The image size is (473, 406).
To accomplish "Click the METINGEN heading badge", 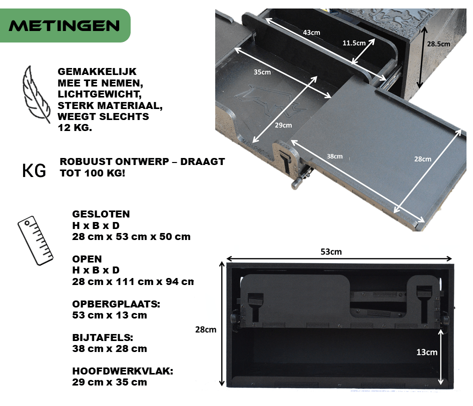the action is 65,25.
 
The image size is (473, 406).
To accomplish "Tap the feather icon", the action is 36,94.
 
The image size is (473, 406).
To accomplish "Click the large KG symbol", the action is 34,170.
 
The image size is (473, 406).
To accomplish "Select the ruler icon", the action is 36,240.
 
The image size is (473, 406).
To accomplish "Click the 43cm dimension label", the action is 311,32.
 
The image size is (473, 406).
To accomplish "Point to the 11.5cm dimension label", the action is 354,43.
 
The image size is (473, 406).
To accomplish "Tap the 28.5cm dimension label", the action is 438,44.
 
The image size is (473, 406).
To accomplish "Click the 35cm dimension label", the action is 262,72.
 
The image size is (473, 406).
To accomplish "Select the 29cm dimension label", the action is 283,125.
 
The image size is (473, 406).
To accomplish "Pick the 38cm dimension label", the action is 334,156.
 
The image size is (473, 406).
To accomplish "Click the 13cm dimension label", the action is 427,352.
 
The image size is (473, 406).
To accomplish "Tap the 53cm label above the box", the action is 331,251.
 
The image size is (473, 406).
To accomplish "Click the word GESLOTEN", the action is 101,214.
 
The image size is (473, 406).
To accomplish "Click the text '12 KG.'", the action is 75,127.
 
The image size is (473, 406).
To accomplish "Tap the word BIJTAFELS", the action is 103,337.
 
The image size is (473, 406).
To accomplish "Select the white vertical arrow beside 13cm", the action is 441,357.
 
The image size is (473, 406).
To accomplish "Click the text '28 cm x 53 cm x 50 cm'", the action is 131,236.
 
